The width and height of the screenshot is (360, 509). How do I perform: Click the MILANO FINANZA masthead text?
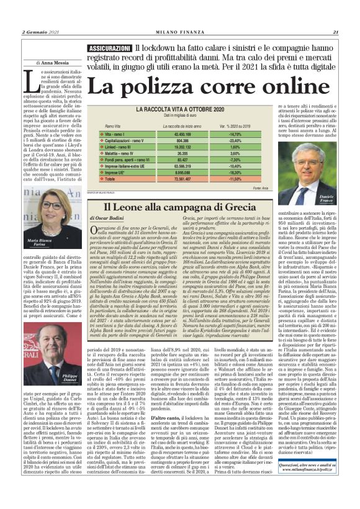pyautogui.click(x=180, y=33)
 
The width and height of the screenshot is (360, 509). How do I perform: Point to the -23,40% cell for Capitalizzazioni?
pyautogui.click(x=234, y=141)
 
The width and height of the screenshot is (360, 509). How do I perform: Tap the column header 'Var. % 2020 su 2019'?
pyautogui.click(x=235, y=125)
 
